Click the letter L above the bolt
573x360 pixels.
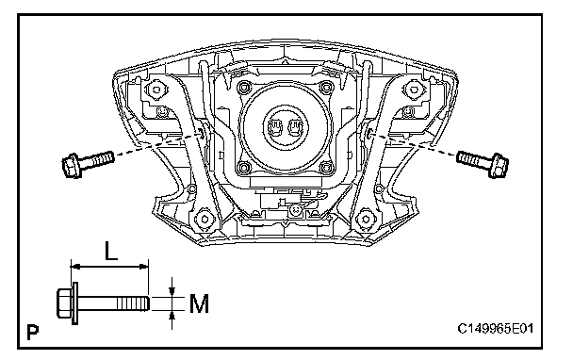(x=110, y=251)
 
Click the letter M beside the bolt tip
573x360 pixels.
(x=199, y=303)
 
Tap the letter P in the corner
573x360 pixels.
(x=33, y=333)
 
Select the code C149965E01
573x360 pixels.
(x=495, y=329)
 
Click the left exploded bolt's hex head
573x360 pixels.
(x=72, y=167)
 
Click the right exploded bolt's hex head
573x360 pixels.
(x=498, y=166)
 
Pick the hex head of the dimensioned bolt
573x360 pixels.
(x=64, y=303)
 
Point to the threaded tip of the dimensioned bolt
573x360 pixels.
(x=133, y=303)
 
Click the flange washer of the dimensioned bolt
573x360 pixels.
(x=74, y=303)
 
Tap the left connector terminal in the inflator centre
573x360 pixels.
(x=274, y=127)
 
